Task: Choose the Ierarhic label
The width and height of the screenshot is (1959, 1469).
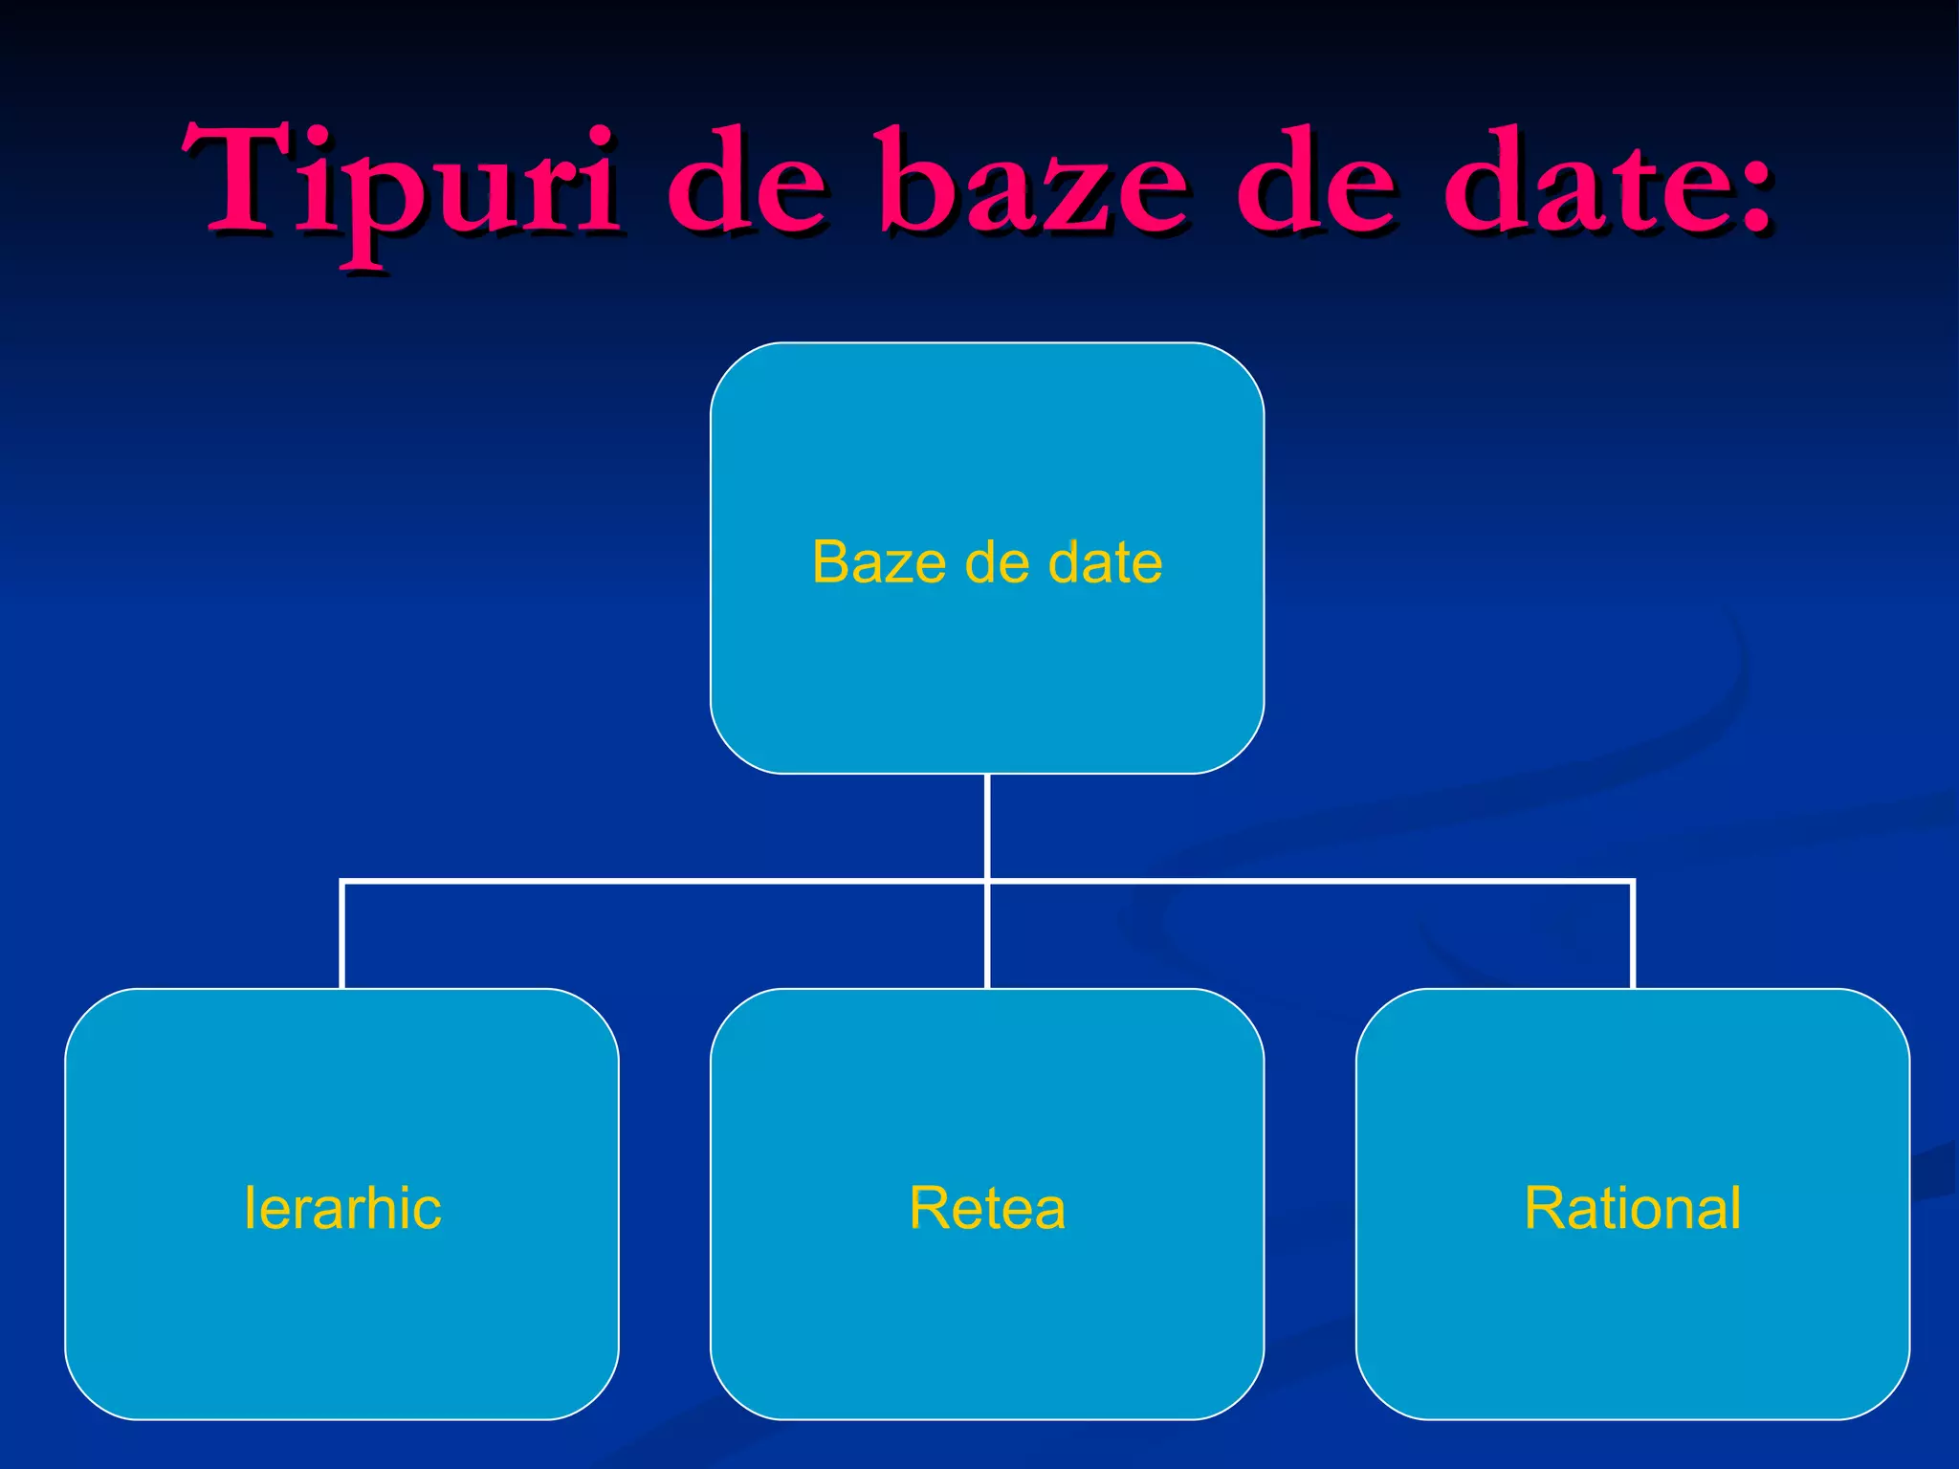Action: pos(342,1207)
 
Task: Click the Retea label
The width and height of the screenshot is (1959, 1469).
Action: pos(987,1207)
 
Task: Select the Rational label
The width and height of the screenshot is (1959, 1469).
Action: pos(1633,1207)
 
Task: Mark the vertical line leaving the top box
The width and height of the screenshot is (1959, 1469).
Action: pos(987,824)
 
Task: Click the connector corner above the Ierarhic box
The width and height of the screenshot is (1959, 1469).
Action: pos(343,882)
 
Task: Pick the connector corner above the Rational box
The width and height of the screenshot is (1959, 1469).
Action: pos(1632,882)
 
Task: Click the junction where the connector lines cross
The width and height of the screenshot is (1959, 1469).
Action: pos(987,881)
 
